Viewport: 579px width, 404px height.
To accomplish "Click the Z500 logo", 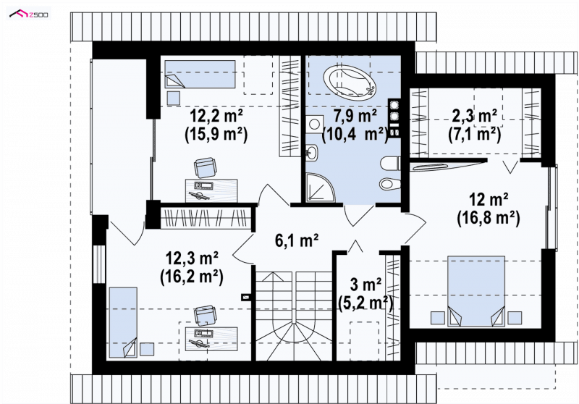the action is coord(29,14).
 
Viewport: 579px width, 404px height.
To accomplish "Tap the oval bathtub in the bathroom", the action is coord(350,83).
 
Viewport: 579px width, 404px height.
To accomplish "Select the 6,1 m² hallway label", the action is coord(297,240).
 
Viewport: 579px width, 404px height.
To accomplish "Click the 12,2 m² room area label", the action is coord(216,117).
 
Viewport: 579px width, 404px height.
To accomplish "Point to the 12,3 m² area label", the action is coord(192,258).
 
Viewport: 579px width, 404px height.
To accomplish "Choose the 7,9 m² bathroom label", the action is coord(355,116).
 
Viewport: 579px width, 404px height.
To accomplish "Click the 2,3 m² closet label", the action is coord(475,116).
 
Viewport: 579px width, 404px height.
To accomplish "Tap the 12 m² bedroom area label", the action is coord(488,200).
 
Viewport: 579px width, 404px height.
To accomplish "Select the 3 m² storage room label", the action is coord(365,285).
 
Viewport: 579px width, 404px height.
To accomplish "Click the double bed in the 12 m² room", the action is coord(476,291).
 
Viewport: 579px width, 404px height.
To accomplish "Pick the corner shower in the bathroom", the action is coord(321,188).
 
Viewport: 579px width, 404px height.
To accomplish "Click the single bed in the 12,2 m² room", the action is coord(200,74).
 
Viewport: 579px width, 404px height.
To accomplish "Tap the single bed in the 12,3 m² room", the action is coord(123,322).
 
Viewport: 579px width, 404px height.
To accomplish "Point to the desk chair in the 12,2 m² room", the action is coord(205,168).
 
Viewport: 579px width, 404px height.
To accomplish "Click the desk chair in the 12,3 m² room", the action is coord(205,316).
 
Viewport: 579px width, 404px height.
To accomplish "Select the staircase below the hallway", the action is coord(294,316).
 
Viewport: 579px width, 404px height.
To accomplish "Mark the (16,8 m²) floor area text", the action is coord(488,218).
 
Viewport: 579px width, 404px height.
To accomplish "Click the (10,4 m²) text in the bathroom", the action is coord(355,134).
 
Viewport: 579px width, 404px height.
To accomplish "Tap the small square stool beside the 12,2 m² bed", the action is coord(174,98).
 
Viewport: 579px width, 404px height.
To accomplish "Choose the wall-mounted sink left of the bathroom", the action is coord(312,153).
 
